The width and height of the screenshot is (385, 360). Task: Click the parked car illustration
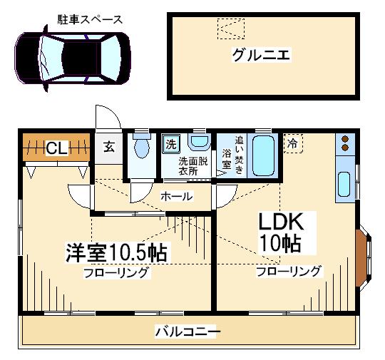tap(73, 58)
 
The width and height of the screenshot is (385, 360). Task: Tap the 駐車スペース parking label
tap(90, 19)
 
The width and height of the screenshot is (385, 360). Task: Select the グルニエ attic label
tap(261, 54)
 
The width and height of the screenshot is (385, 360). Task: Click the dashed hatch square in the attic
tap(231, 29)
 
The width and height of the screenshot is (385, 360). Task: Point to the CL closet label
tap(56, 148)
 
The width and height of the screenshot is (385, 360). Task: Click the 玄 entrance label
tap(109, 147)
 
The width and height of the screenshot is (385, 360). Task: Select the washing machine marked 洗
tap(171, 144)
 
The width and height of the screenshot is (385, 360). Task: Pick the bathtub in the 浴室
tap(263, 155)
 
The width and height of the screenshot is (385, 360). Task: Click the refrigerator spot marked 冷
tap(293, 143)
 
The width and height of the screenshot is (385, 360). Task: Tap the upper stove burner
tap(345, 139)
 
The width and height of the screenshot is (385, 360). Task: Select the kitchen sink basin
tap(344, 184)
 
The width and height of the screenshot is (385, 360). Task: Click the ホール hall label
tap(177, 196)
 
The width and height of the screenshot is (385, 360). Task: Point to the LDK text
tap(281, 222)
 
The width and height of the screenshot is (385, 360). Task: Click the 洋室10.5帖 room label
tap(116, 252)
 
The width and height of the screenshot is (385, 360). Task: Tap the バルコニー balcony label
tap(188, 332)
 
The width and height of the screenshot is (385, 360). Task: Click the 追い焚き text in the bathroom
tap(239, 155)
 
